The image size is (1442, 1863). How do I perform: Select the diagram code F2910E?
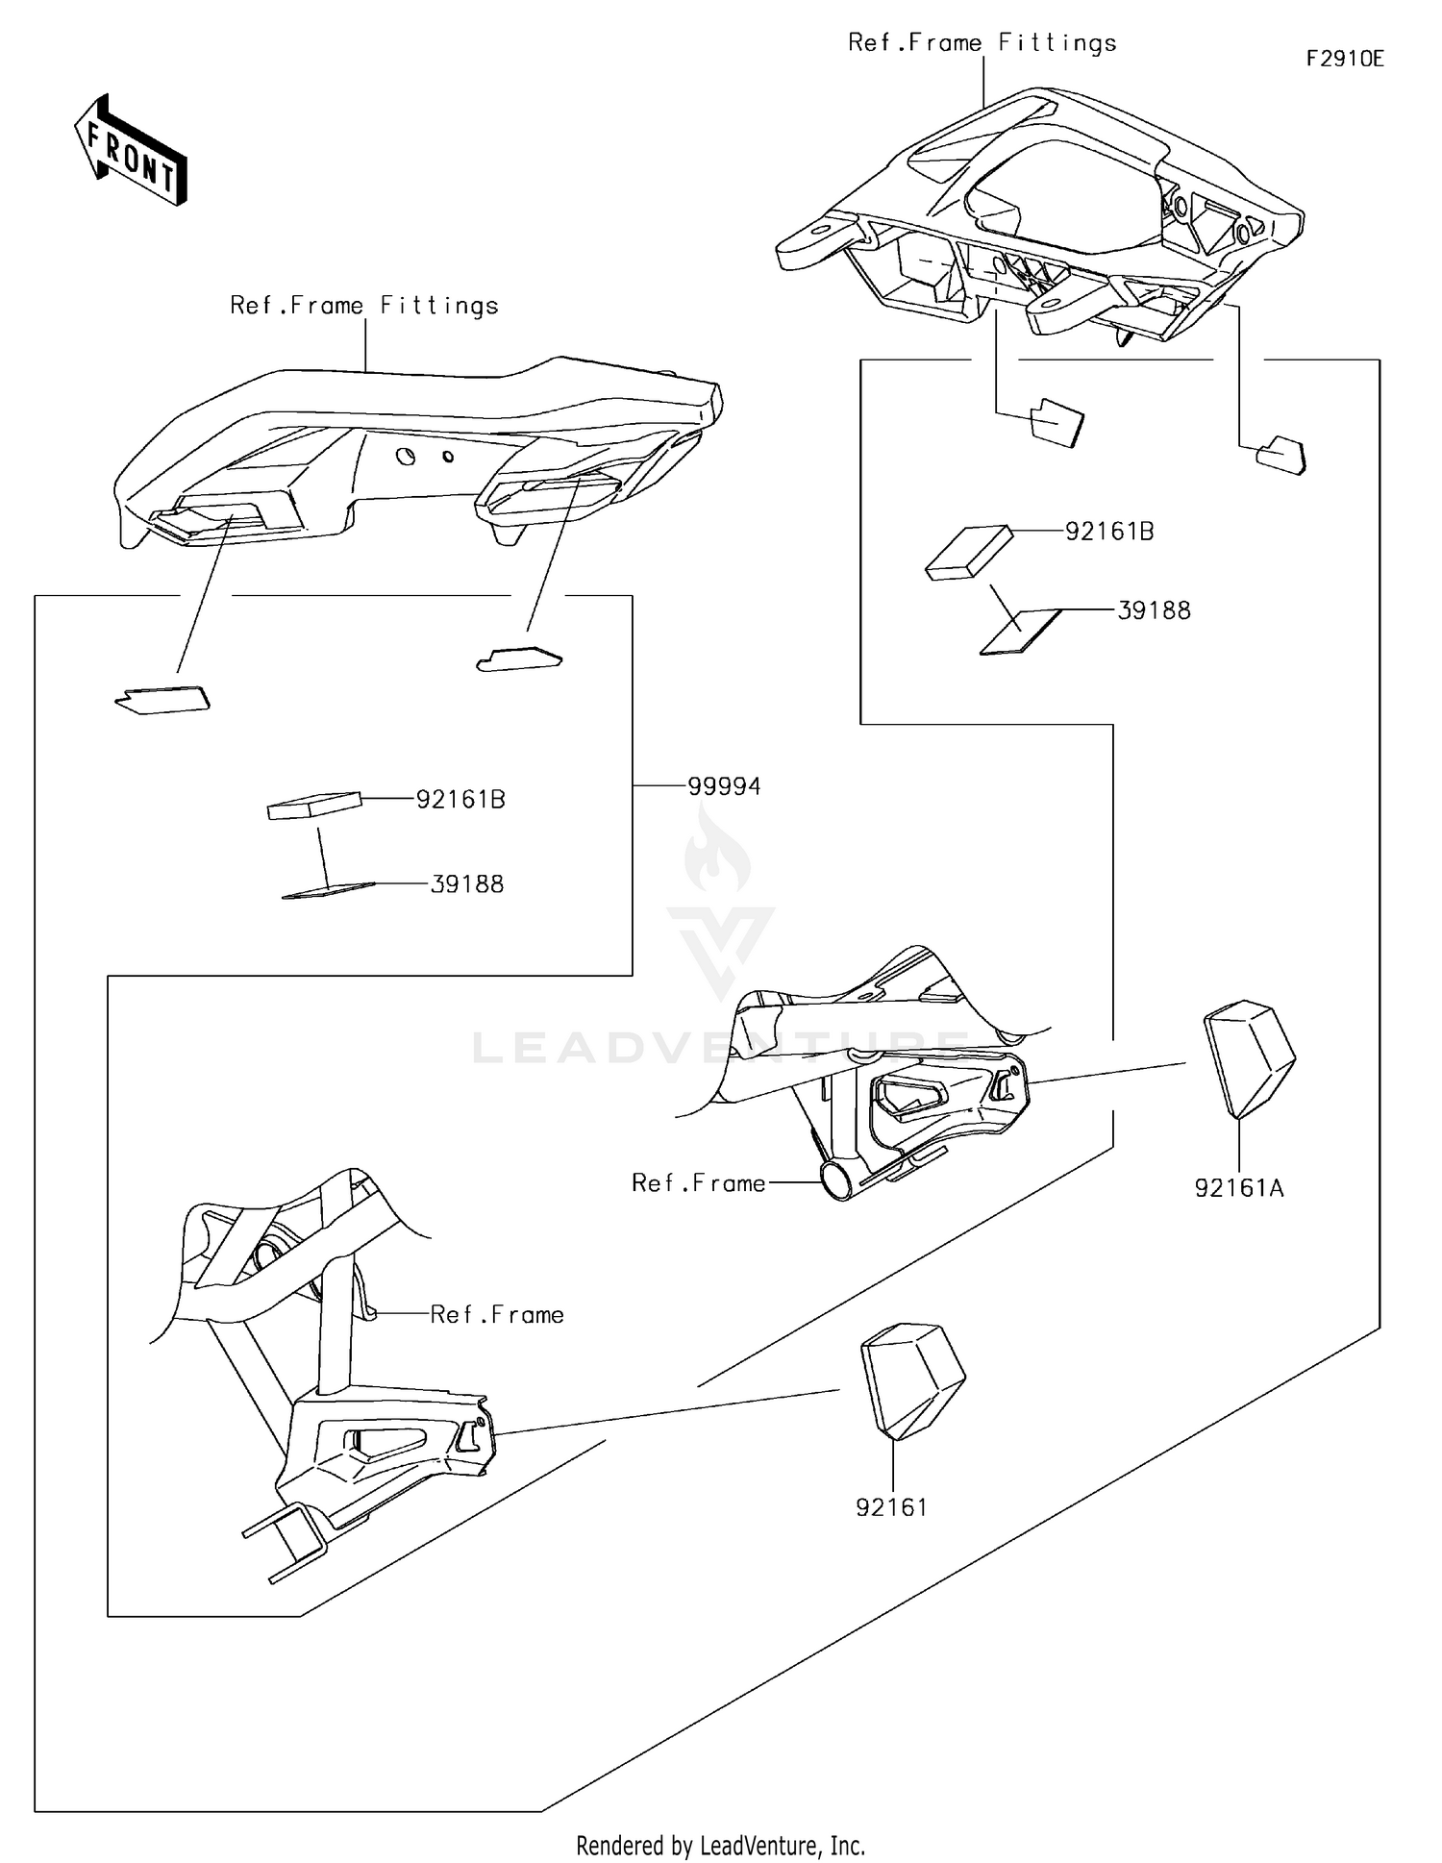coord(1344,59)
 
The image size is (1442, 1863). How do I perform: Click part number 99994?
coord(724,786)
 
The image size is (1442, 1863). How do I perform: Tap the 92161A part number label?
coord(1238,1188)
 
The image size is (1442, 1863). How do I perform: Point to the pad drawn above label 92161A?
coord(1248,1057)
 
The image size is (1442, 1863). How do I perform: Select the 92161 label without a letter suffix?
coord(891,1507)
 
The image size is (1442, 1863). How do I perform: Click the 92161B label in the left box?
coord(460,799)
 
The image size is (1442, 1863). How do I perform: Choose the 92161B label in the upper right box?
coord(1109,531)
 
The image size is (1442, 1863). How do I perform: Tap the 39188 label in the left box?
coord(466,884)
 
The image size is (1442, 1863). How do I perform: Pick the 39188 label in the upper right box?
coord(1154,610)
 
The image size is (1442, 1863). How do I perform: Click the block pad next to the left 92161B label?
coord(314,806)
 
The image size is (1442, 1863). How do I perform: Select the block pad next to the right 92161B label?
coord(968,554)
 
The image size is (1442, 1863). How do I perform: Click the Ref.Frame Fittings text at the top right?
coord(982,42)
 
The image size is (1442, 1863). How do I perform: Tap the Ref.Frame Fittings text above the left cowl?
coord(364,305)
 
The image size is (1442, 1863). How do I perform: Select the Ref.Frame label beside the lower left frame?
coord(496,1314)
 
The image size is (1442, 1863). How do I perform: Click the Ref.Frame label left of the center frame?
coord(698,1182)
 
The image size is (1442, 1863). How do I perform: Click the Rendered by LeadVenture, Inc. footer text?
coord(720,1845)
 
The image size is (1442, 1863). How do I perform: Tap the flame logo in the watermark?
coord(715,850)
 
